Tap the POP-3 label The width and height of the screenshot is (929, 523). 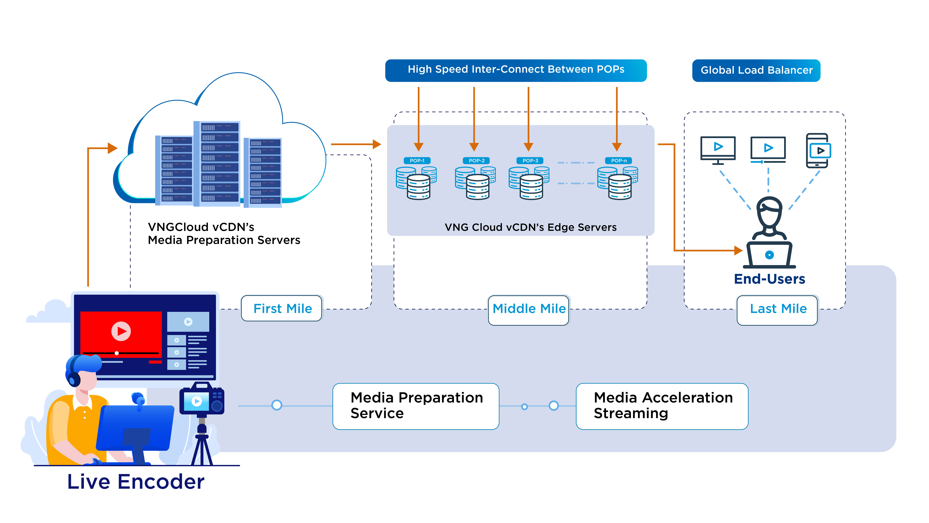(530, 161)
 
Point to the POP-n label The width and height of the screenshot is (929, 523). (619, 161)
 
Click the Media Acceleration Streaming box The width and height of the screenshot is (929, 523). (662, 406)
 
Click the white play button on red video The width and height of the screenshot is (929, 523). (121, 331)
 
